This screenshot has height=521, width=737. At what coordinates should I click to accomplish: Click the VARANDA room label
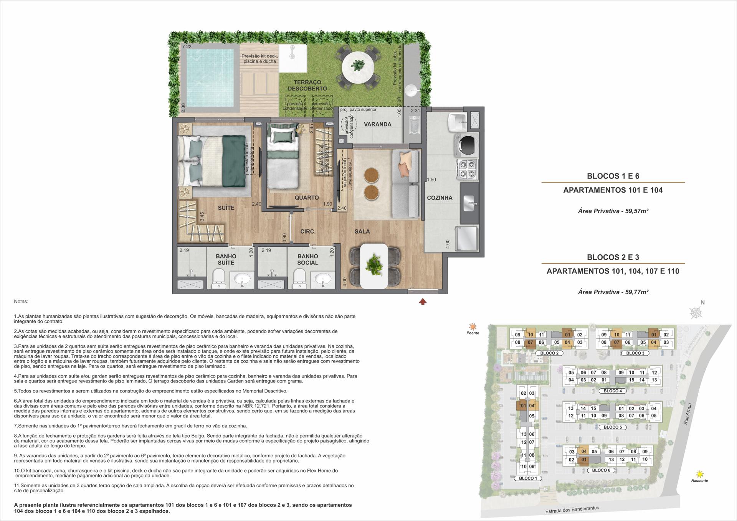378,124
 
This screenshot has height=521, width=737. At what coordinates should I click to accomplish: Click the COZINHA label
440,198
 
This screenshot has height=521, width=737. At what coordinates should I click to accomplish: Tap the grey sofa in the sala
406,184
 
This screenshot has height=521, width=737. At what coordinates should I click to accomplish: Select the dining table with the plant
373,265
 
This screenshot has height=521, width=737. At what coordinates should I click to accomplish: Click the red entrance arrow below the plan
423,302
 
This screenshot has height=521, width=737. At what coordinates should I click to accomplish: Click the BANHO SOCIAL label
307,259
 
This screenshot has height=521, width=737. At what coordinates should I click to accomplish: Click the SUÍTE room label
226,208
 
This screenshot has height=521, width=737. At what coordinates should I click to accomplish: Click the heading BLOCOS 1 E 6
613,176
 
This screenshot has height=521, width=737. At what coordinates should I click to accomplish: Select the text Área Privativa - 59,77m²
613,292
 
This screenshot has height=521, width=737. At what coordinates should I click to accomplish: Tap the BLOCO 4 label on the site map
613,391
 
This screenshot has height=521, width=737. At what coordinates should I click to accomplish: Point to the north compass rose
695,313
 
